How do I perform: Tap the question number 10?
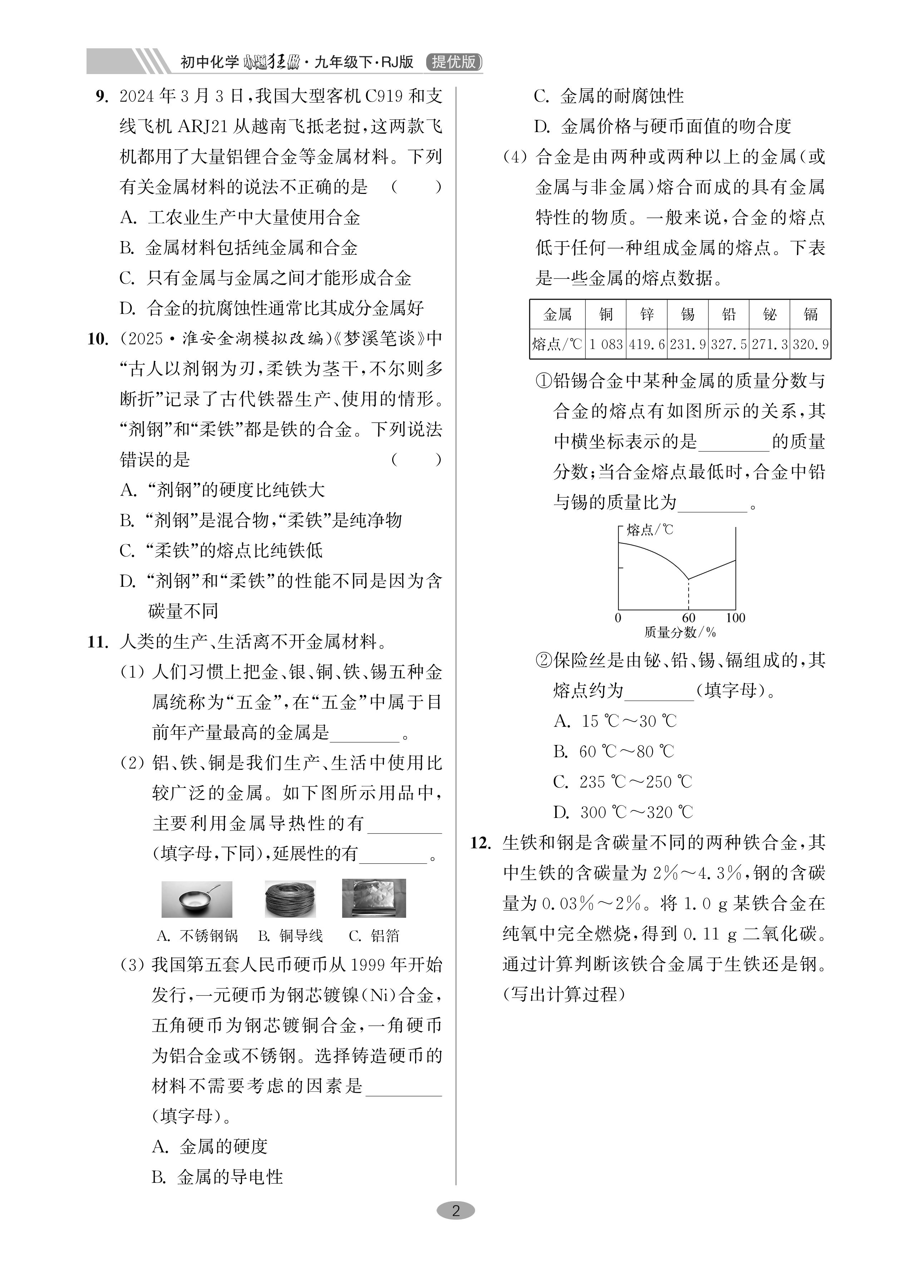click(x=98, y=339)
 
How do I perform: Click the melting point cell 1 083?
click(x=605, y=344)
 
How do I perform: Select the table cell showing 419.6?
click(x=647, y=344)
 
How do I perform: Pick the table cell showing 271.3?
click(x=770, y=344)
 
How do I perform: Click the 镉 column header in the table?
click(x=810, y=314)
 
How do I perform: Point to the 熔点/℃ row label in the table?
click(x=557, y=344)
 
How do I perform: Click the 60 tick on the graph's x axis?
click(x=688, y=618)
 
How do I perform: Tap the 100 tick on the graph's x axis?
click(x=735, y=618)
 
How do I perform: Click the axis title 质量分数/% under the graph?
click(x=680, y=633)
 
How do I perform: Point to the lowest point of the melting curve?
click(x=688, y=579)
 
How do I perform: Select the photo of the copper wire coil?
click(x=290, y=899)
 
